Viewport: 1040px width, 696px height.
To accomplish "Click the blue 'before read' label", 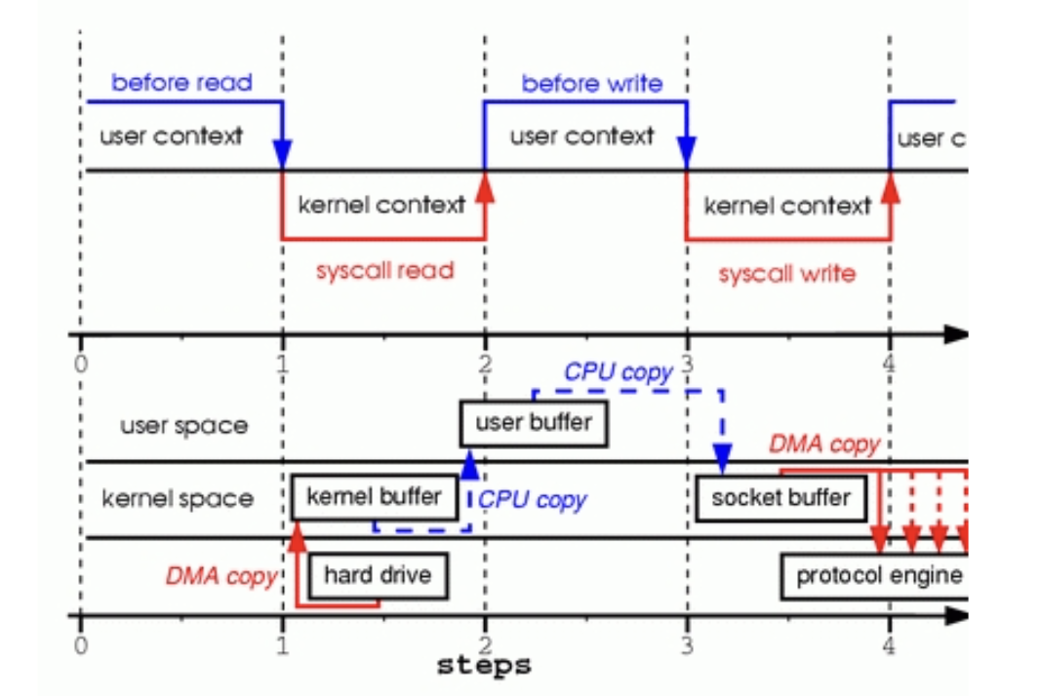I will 181,83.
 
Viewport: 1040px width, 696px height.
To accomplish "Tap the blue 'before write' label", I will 591,84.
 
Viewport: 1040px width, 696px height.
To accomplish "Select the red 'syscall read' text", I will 384,270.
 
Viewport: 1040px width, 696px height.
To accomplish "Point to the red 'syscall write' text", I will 786,274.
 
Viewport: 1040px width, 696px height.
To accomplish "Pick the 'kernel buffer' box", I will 374,496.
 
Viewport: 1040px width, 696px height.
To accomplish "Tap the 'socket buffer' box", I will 780,498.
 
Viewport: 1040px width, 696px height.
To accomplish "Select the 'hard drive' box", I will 379,575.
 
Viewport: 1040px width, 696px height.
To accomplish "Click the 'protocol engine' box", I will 877,575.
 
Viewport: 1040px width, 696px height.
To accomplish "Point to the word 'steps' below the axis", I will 485,666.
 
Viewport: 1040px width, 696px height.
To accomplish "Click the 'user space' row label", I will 183,426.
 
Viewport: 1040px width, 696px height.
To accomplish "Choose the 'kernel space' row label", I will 178,499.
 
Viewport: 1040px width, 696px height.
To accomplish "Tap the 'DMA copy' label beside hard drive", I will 220,575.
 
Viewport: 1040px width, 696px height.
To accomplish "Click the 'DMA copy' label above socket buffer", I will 824,445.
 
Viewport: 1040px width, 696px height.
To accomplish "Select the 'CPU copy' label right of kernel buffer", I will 533,500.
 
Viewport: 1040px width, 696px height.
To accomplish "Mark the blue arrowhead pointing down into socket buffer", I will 722,456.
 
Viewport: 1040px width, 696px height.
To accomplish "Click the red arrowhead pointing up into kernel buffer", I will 296,532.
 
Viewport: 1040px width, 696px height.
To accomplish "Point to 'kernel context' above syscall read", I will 381,206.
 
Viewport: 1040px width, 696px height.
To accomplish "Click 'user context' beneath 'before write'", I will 581,135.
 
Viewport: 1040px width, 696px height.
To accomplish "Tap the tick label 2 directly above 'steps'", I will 485,644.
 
